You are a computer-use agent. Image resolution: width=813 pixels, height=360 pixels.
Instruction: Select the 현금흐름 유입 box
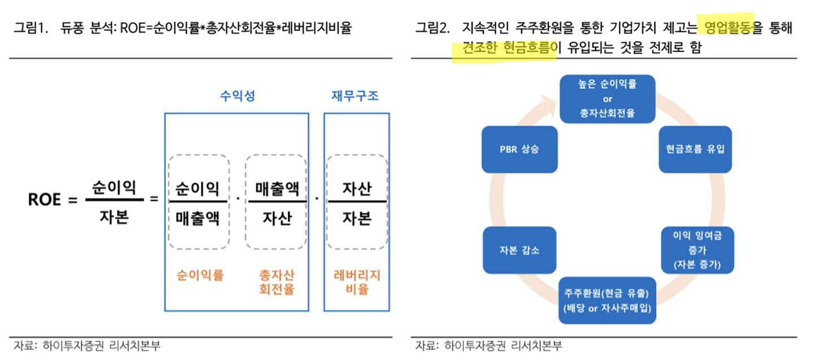(695, 150)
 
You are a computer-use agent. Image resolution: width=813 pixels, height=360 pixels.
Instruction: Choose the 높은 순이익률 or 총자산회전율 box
(607, 99)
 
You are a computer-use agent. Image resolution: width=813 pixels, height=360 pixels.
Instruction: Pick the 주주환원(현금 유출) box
(607, 300)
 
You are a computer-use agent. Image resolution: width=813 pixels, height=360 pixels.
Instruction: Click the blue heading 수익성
(237, 96)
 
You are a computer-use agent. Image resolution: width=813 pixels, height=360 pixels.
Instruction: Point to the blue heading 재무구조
(355, 96)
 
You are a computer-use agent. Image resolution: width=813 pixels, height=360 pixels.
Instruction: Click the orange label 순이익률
(200, 276)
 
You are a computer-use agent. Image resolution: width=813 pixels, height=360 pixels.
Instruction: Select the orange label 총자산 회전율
(277, 282)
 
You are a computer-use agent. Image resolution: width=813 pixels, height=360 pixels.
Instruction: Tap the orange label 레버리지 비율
(357, 282)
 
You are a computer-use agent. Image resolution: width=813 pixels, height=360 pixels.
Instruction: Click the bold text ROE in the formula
(44, 200)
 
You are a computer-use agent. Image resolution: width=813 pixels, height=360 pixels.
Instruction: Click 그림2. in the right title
(433, 28)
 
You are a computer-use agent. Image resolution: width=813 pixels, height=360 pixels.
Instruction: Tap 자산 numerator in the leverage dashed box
(357, 188)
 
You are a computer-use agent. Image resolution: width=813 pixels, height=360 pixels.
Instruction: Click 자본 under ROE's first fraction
(114, 217)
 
